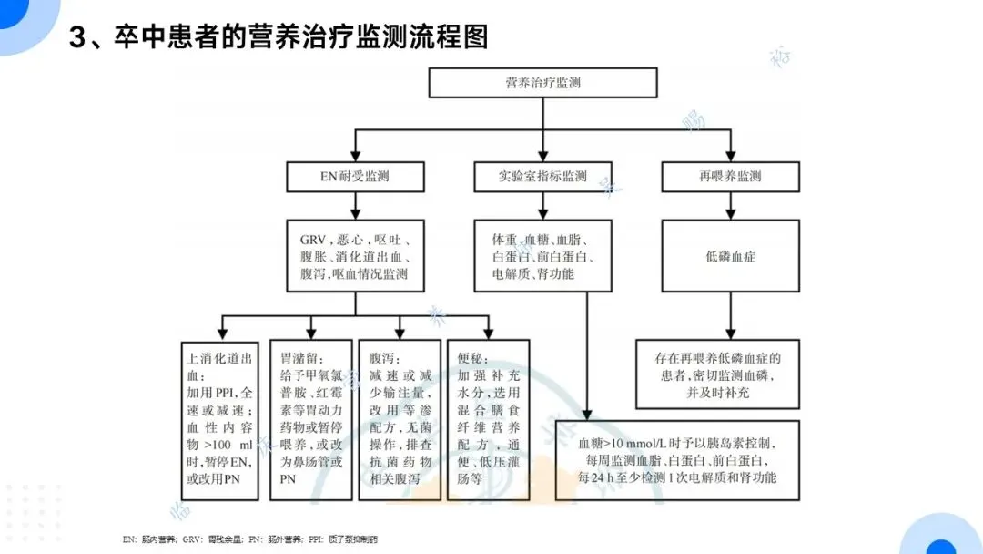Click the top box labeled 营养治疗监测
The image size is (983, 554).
click(x=542, y=83)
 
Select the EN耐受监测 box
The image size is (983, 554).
click(x=354, y=177)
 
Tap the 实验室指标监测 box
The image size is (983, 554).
click(x=542, y=177)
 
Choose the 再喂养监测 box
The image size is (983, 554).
click(x=730, y=177)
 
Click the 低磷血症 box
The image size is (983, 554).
click(x=730, y=257)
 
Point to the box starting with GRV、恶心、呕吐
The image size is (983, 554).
click(x=354, y=256)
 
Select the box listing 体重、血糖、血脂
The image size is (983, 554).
click(x=542, y=256)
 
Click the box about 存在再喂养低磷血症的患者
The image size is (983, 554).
click(x=718, y=373)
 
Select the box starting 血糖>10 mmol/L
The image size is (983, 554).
click(x=677, y=460)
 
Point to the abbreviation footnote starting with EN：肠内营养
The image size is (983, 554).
click(x=250, y=539)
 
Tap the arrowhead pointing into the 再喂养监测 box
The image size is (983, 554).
click(x=730, y=155)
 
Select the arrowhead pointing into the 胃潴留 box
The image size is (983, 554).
click(x=310, y=332)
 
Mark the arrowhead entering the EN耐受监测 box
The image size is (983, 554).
click(x=355, y=155)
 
